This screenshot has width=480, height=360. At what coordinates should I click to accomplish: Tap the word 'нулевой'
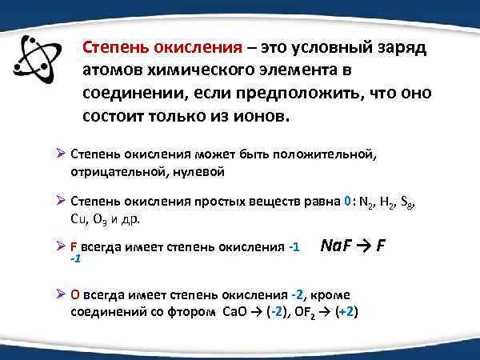tap(198, 171)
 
